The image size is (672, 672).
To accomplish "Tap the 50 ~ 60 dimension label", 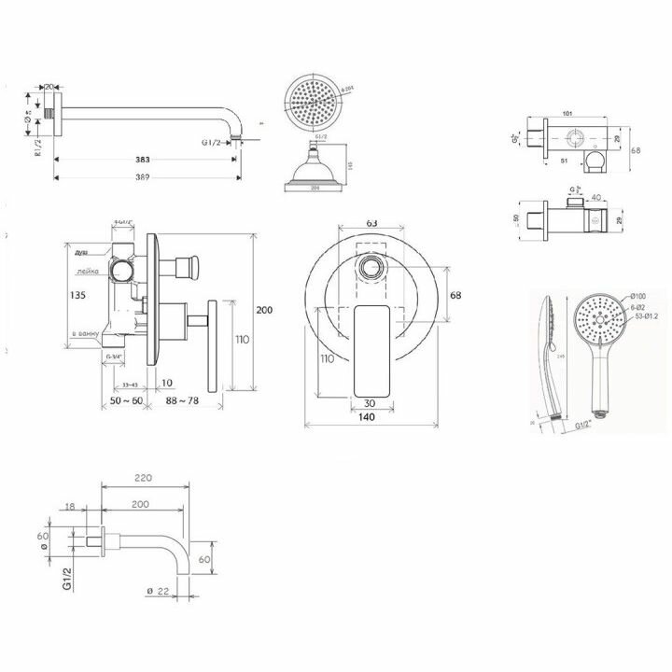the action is [x=124, y=401].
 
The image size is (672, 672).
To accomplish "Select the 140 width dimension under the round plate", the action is [x=371, y=418].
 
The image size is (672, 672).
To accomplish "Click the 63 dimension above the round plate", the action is [x=371, y=224].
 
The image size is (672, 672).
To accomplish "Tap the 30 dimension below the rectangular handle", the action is [x=371, y=403].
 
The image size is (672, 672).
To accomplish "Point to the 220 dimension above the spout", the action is [x=143, y=477].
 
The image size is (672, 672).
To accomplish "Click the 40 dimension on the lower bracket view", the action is [x=595, y=197].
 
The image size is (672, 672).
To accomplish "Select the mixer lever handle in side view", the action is [x=211, y=346].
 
